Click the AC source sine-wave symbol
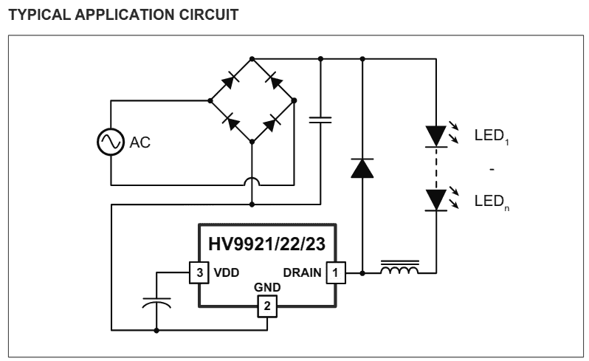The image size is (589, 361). [x=111, y=142]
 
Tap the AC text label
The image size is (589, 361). [x=140, y=143]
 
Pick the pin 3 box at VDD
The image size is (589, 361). [x=198, y=272]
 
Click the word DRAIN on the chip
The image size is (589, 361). [x=302, y=272]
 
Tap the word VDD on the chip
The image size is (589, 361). [x=226, y=272]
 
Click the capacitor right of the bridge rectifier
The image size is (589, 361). [x=320, y=120]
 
